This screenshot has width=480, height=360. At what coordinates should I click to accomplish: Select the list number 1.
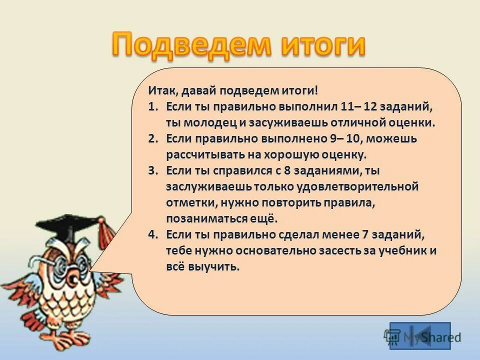pos(153,107)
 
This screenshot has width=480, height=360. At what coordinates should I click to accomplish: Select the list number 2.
pos(153,138)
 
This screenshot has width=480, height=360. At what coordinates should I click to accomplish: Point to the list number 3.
pos(153,170)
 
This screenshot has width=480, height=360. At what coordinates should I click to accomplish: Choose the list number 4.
pos(153,234)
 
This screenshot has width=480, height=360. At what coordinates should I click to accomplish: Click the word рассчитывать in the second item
pos(204,154)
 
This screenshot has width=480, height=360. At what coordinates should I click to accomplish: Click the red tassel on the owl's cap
pos(105,232)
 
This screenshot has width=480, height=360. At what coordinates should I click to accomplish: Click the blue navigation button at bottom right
pos(420,335)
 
